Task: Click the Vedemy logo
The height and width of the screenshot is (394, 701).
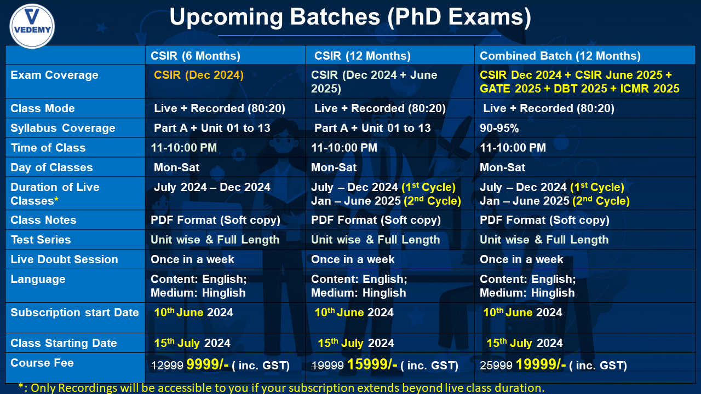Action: click(x=32, y=26)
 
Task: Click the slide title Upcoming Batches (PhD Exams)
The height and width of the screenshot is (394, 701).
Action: click(x=350, y=16)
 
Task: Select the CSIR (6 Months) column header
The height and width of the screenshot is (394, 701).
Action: click(x=196, y=56)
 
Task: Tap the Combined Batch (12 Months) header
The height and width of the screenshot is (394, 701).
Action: click(x=560, y=56)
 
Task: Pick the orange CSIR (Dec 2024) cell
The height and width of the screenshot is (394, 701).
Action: click(x=199, y=75)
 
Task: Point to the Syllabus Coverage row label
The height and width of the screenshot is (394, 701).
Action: click(x=63, y=128)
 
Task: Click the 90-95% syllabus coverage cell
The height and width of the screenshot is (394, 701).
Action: click(x=499, y=128)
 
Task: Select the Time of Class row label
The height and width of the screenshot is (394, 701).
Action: click(x=48, y=148)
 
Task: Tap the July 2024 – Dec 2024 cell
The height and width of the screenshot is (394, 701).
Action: click(x=212, y=187)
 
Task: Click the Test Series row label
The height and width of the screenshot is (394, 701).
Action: click(x=41, y=240)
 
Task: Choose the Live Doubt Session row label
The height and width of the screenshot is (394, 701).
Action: click(x=64, y=259)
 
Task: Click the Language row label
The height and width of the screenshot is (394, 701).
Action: click(x=38, y=279)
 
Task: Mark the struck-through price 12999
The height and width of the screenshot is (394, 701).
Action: click(x=167, y=365)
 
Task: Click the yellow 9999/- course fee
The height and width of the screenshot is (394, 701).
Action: click(x=208, y=364)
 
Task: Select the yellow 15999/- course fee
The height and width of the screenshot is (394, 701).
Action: click(x=372, y=364)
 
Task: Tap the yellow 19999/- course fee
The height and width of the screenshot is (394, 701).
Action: click(x=541, y=364)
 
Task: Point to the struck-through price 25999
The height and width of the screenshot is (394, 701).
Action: click(x=496, y=365)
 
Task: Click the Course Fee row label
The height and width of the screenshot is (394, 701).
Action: click(x=42, y=363)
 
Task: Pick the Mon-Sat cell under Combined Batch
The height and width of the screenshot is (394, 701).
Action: click(x=502, y=167)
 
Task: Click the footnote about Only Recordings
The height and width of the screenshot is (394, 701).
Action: click(x=281, y=388)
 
